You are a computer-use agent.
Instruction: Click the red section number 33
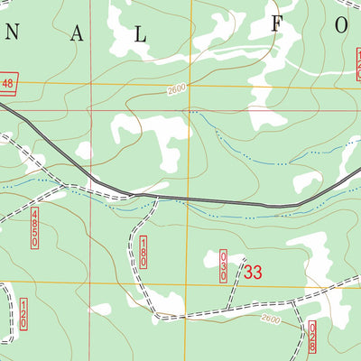(254, 272)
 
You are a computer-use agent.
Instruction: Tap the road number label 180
(143, 251)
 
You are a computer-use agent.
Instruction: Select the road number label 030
(224, 268)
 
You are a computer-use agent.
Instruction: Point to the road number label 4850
(34, 221)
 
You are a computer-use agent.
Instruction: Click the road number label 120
(23, 315)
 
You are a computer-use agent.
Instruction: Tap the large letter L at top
(140, 33)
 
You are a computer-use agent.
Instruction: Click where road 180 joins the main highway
(158, 196)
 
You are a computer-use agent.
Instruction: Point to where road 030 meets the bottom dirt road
(232, 310)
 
